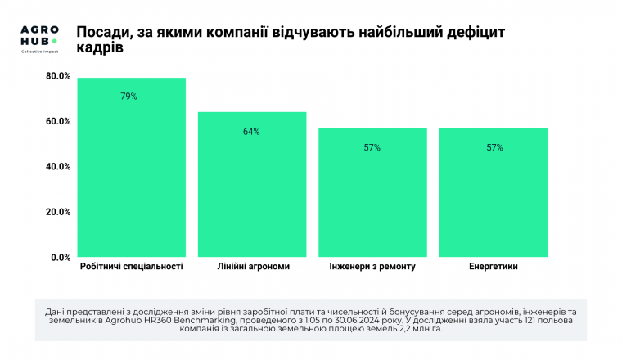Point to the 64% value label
(251, 132)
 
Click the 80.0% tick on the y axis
(58, 76)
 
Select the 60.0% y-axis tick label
(58, 122)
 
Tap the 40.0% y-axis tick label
(58, 167)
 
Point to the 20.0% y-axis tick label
(58, 212)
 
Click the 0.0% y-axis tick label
(61, 258)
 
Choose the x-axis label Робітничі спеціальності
(132, 267)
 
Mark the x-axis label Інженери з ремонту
(372, 267)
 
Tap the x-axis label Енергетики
(494, 267)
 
